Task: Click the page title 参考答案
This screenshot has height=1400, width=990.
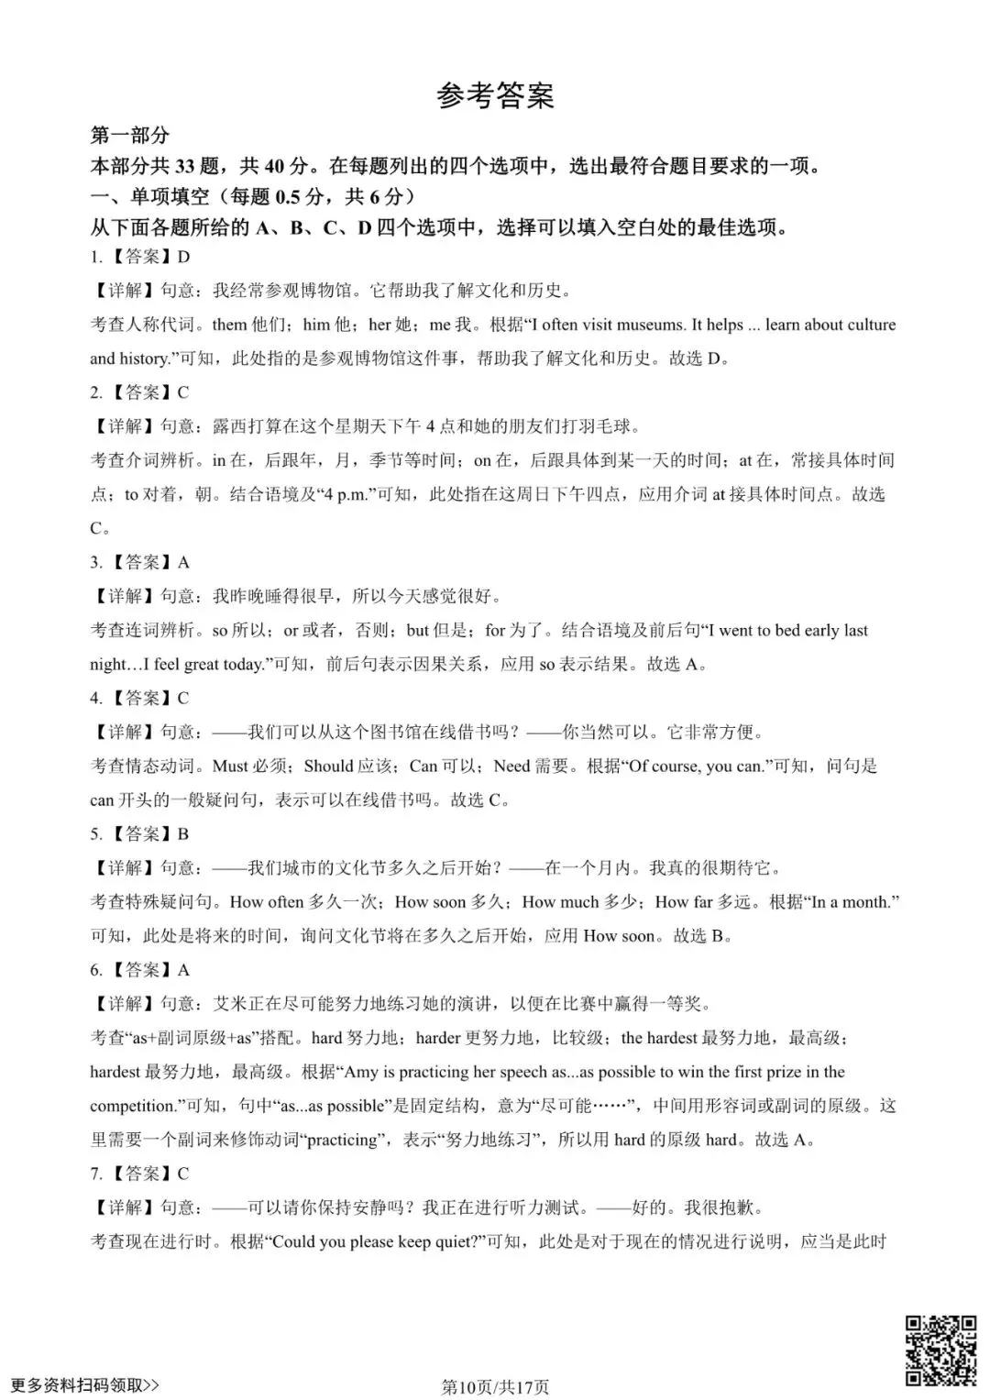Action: coord(495,95)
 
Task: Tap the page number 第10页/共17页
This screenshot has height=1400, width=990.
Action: coord(495,1386)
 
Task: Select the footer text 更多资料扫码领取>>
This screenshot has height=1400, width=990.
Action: coord(84,1384)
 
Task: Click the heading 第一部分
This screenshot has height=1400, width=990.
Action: coord(129,136)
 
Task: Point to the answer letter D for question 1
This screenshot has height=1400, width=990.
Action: coord(183,257)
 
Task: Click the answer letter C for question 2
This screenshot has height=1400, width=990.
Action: coord(183,392)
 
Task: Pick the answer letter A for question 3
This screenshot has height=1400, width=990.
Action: coord(183,562)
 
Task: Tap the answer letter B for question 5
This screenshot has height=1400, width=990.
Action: coord(183,833)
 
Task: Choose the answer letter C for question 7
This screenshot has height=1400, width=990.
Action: coord(183,1173)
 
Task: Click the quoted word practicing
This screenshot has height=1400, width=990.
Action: coord(342,1140)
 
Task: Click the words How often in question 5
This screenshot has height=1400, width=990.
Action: coord(266,901)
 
